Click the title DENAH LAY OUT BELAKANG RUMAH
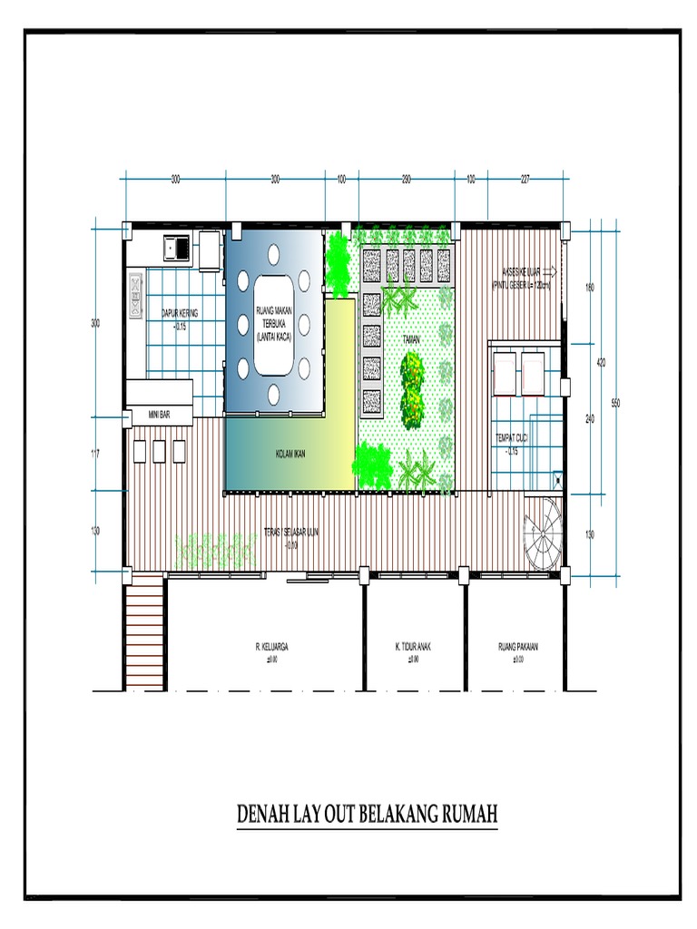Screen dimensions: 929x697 coord(368,814)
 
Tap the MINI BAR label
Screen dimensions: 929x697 coord(159,416)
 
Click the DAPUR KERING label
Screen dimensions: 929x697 coord(180,313)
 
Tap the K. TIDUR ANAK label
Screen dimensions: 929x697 coord(413,648)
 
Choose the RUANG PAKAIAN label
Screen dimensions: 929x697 coord(518,648)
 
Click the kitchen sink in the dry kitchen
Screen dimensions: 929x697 coord(172,246)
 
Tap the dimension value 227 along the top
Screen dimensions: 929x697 coord(525,180)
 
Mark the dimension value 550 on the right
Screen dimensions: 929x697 coord(615,403)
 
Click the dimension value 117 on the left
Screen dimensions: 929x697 coord(96,453)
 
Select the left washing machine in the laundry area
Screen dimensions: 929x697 coord(504,373)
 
